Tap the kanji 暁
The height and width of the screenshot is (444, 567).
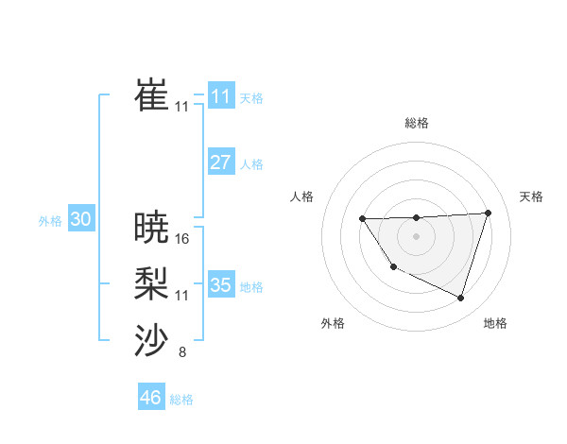152,227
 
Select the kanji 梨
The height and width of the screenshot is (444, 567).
152,284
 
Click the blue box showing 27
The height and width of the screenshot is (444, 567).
220,162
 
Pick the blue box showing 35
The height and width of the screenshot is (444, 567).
220,284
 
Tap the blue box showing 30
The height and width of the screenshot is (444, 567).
80,219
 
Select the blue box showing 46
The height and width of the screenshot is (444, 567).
150,398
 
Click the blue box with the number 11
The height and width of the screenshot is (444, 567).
220,96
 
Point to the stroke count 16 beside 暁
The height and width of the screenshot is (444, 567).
182,239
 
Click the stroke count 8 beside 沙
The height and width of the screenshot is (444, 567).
182,353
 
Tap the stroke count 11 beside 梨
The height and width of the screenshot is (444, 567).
182,296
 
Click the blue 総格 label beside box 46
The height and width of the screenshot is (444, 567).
181,400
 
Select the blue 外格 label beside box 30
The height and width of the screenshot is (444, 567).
50,221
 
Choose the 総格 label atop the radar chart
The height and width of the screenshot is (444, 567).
416,123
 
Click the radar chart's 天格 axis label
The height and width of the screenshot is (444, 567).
532,196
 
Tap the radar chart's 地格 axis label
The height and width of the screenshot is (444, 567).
495,323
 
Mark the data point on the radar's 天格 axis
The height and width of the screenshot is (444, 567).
488,213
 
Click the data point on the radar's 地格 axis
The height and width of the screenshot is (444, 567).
461,299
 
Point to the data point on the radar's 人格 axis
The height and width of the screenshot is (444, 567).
363,219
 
